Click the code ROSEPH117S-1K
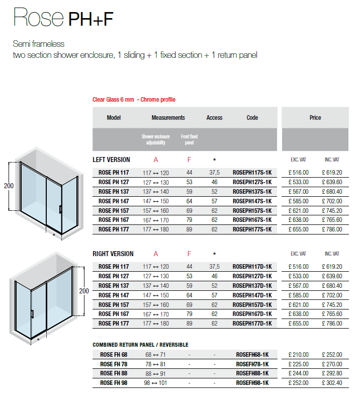252,172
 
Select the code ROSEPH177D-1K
252,324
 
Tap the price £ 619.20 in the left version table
332,172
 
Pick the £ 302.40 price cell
332,383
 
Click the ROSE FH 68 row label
114,355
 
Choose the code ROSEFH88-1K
252,373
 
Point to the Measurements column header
168,118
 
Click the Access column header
214,118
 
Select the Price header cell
315,118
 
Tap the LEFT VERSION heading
111,160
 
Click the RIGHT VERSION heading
113,254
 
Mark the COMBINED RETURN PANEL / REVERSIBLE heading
140,345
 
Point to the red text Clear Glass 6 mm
113,100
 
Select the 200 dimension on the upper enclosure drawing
9,186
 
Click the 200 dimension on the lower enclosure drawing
83,291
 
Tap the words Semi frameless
39,44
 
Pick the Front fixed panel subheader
189,139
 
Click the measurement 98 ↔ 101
156,383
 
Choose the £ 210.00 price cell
299,355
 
